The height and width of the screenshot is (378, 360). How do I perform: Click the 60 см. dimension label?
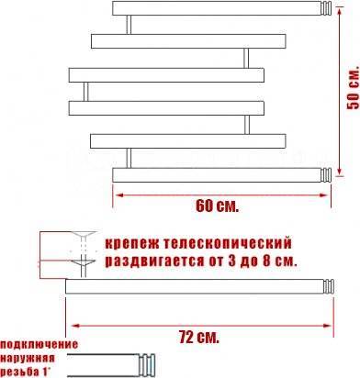[x=217, y=206]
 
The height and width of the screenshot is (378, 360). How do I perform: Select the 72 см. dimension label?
[x=199, y=338]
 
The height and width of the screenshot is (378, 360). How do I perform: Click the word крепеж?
[x=132, y=244]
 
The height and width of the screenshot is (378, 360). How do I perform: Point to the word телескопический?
[x=228, y=244]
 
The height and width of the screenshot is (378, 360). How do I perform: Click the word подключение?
[x=39, y=344]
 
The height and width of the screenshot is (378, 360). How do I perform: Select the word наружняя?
[x=28, y=358]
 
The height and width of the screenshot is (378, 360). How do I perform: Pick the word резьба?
[x=20, y=372]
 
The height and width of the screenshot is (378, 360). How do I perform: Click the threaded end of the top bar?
[x=326, y=8]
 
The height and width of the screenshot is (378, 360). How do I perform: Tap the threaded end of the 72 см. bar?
[x=329, y=286]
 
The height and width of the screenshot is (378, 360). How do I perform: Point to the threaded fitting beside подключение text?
[x=147, y=365]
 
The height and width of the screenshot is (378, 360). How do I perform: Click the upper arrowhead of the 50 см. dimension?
[x=340, y=11]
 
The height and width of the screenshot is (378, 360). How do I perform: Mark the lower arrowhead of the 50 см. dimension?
[x=340, y=172]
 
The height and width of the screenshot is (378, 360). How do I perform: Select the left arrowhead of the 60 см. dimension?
[x=118, y=195]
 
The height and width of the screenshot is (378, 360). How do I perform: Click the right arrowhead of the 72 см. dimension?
[x=328, y=326]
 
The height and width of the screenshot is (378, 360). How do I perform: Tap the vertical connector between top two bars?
[x=129, y=25]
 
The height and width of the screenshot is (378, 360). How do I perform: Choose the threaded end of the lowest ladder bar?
[x=326, y=175]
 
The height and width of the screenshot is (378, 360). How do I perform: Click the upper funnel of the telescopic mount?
[x=84, y=236]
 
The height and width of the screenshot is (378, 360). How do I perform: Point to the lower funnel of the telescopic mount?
[x=84, y=263]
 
